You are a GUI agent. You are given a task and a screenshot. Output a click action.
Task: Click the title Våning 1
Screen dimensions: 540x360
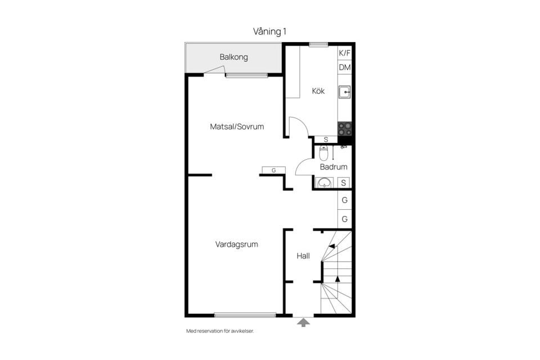[x=269, y=31]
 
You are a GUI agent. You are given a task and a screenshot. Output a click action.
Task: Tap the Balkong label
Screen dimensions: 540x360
[x=234, y=57]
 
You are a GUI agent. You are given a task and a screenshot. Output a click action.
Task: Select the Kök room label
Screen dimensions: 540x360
[x=318, y=91]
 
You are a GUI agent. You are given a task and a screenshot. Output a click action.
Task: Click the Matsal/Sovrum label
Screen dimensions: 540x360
[x=237, y=127]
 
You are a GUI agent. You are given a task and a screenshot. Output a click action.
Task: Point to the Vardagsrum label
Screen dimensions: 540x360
[x=237, y=244]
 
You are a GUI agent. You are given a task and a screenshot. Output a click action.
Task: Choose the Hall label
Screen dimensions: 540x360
[x=303, y=256]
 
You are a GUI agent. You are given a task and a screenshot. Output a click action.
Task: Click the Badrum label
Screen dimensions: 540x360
[x=334, y=167]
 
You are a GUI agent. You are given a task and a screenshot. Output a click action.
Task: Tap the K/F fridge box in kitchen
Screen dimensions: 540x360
[x=344, y=53]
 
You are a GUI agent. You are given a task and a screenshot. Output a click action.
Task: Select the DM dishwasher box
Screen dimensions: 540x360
[x=344, y=67]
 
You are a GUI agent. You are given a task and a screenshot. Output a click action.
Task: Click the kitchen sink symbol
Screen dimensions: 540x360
[x=344, y=92]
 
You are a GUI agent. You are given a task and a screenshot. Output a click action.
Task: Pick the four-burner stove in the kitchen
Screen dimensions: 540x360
[x=345, y=129]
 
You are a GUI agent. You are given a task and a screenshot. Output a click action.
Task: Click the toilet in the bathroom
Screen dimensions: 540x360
[x=323, y=153]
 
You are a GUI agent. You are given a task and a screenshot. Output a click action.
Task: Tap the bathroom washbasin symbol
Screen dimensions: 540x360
[x=324, y=183]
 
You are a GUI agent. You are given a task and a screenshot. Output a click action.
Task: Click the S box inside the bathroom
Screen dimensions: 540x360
[x=343, y=183]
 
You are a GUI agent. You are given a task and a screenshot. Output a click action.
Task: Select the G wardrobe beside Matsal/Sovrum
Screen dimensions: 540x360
[x=273, y=170]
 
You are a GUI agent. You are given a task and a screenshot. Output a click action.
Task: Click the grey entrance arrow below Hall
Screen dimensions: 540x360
[x=303, y=322]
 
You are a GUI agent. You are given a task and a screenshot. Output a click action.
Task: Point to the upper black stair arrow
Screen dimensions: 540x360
[x=332, y=246]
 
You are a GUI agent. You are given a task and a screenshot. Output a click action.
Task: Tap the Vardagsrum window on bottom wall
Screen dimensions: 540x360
[x=245, y=314]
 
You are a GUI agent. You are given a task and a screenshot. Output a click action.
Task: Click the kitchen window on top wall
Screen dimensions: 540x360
[x=318, y=44]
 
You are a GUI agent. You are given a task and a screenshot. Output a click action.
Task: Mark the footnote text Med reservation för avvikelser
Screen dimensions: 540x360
[x=220, y=331]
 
